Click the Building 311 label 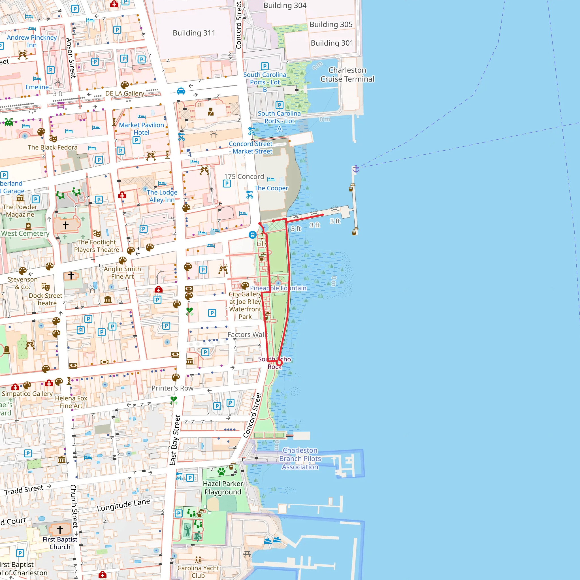(194, 33)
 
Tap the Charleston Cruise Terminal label (347, 74)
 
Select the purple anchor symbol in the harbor (356, 169)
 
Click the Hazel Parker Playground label (223, 488)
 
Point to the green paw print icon (221, 471)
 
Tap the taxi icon (181, 91)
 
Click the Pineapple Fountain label (278, 288)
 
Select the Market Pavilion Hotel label (141, 129)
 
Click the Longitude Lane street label (123, 505)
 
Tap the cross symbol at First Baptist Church (60, 530)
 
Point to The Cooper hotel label (271, 188)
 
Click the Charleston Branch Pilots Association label (300, 459)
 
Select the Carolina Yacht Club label (198, 572)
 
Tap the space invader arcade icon (9, 122)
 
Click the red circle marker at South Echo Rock (279, 364)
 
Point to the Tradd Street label (24, 490)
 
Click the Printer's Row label (172, 388)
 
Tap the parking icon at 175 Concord (227, 184)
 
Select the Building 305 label (331, 25)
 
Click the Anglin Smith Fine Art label (122, 273)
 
